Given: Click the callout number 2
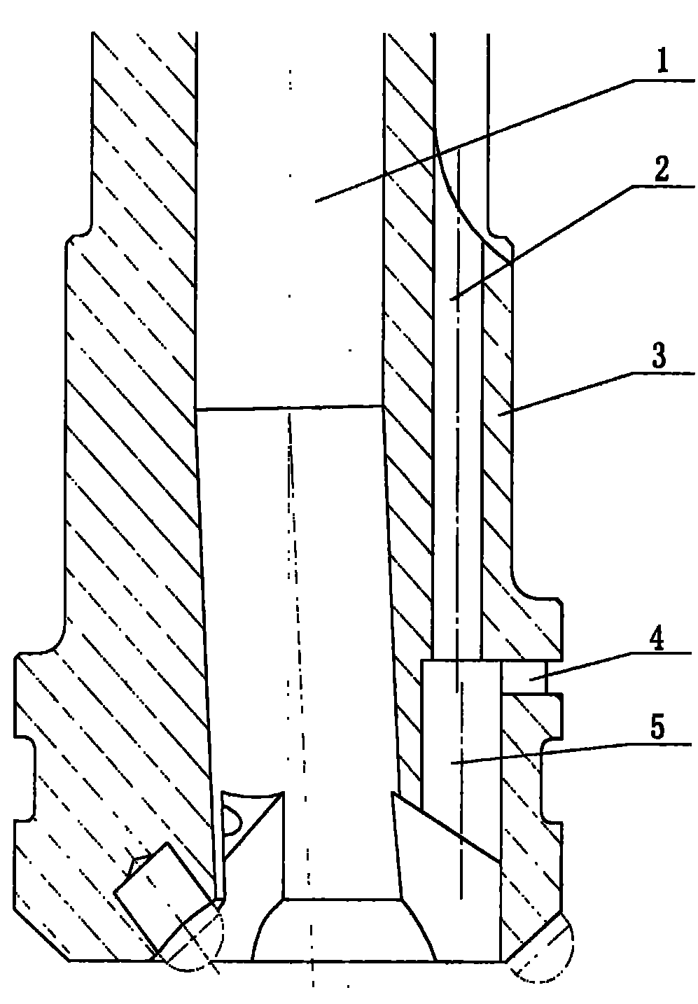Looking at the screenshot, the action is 661,169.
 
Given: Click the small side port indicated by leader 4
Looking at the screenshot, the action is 524,678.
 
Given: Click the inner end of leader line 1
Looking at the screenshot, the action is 315,202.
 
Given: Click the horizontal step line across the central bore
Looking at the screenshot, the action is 289,408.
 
